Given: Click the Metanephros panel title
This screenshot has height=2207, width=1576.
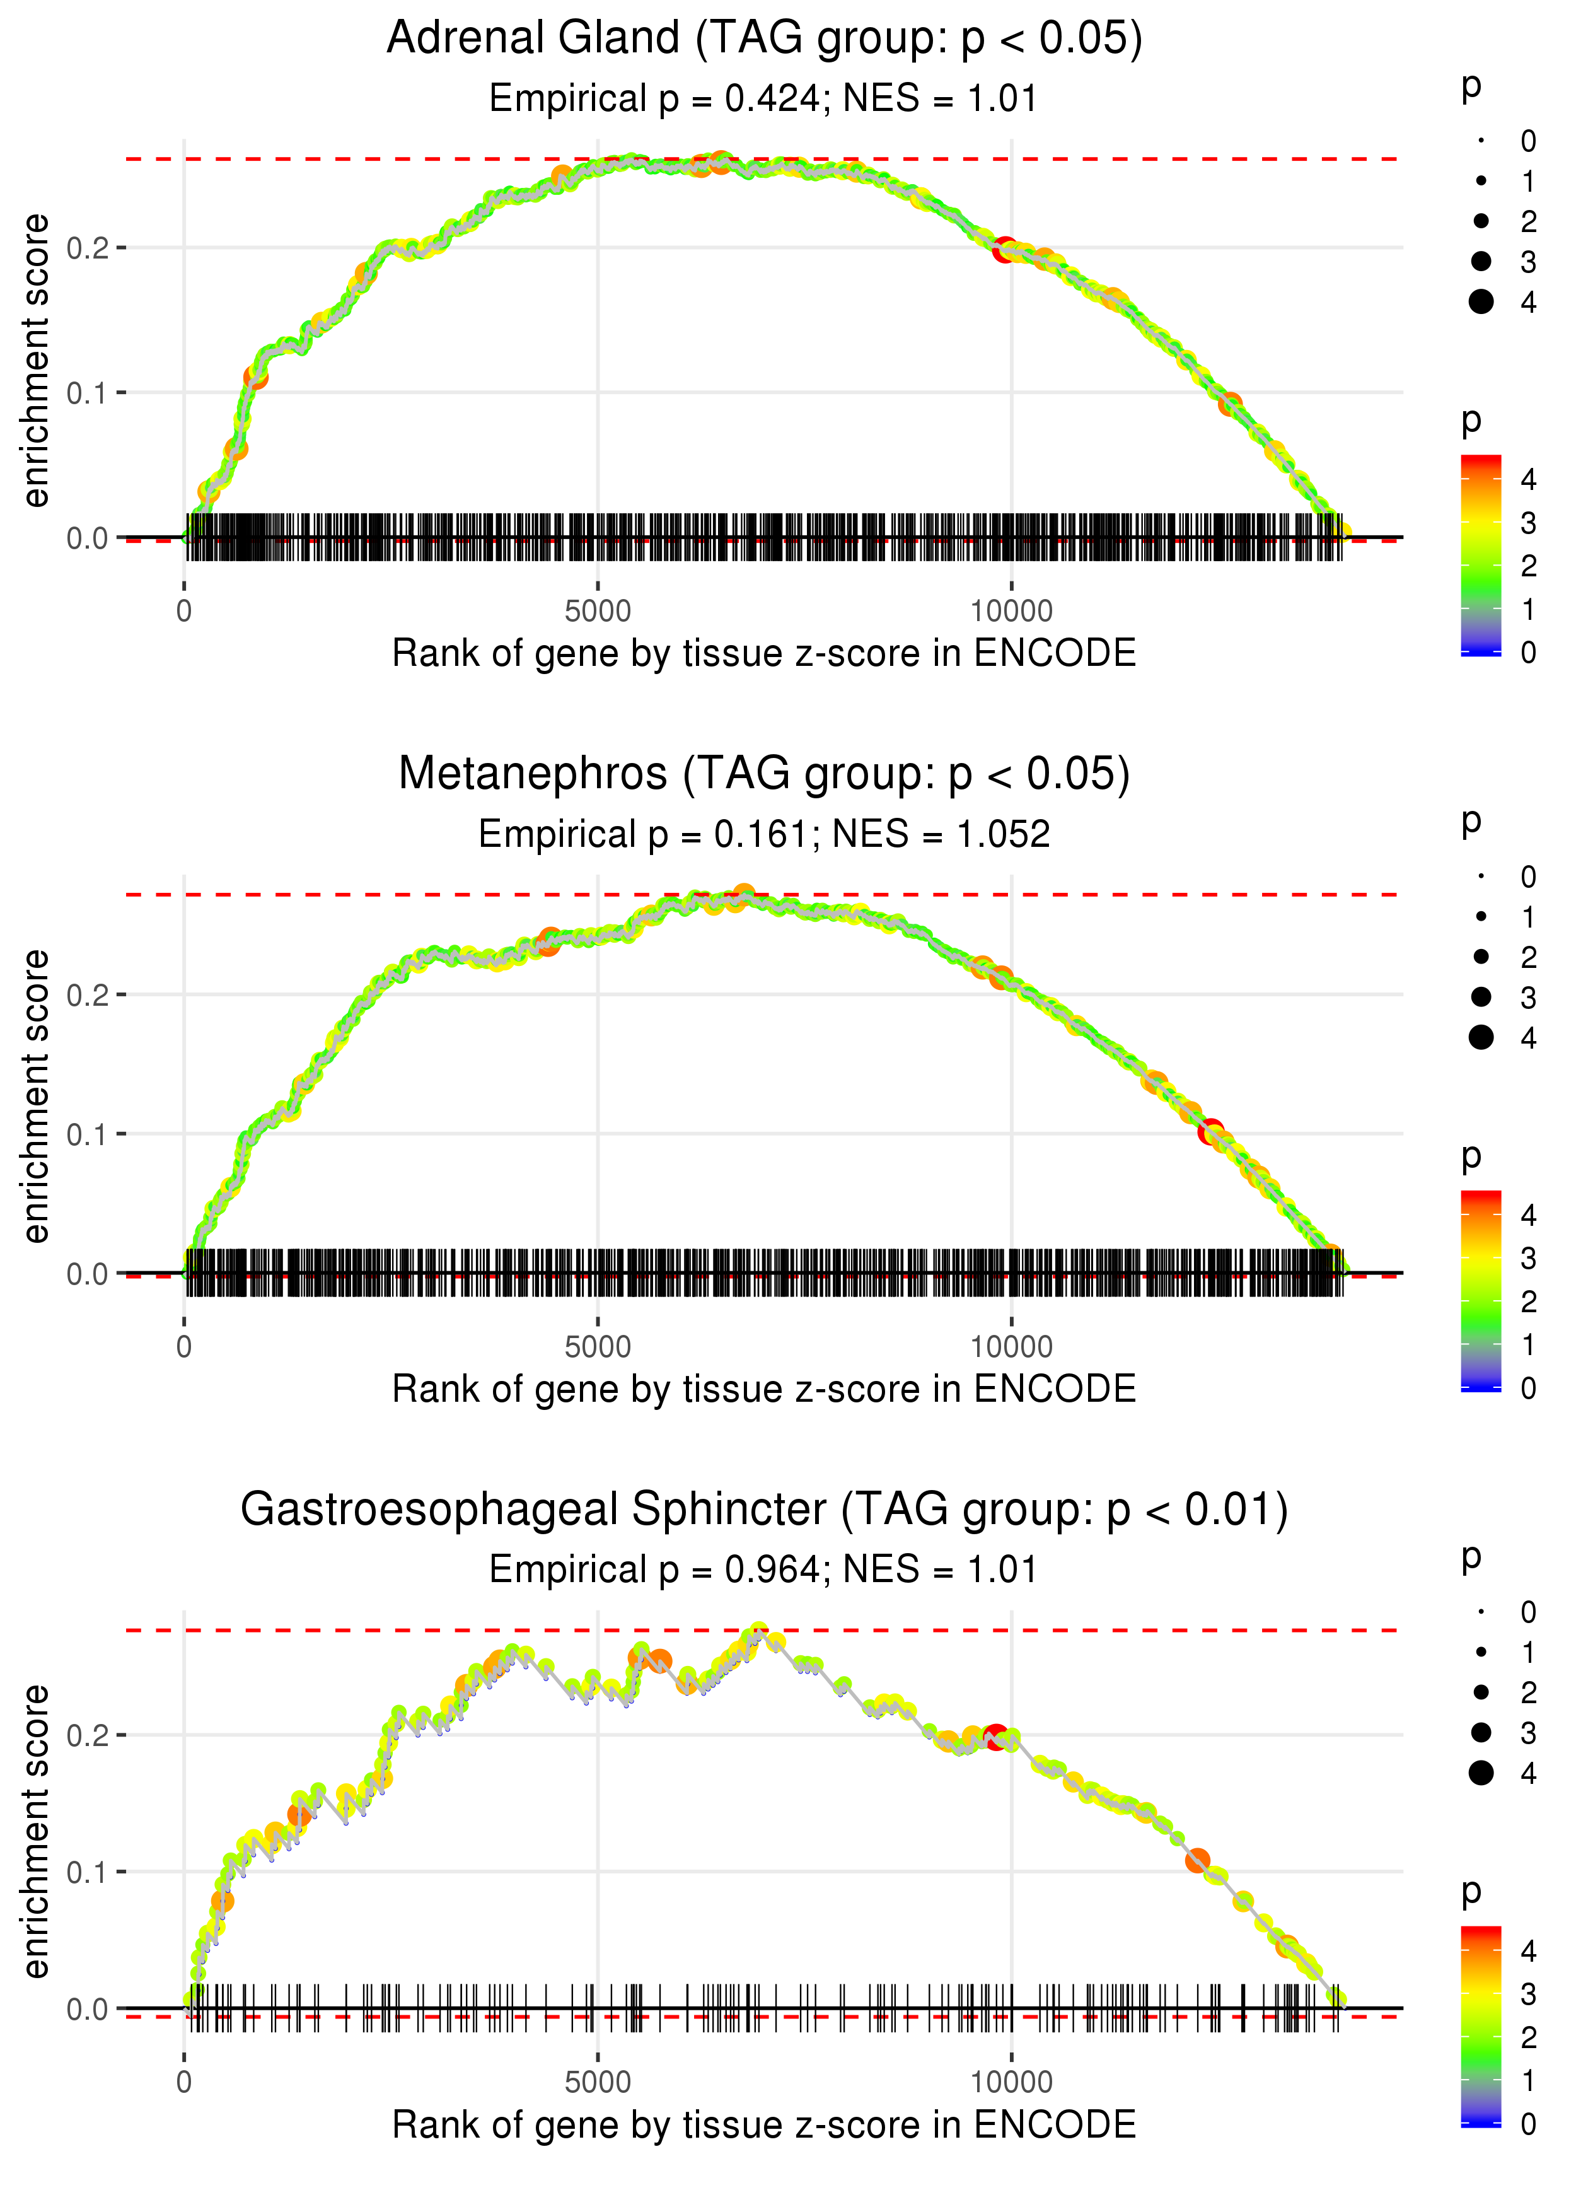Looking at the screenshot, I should point(764,774).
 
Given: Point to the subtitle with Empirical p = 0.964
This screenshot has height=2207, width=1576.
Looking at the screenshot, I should point(764,1569).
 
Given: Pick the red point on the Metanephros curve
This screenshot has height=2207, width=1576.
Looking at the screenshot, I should point(1210,1132).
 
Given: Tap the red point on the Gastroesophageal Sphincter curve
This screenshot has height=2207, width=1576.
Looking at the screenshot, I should point(995,1737).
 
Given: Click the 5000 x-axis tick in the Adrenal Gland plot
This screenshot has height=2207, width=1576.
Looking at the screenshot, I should point(598,612).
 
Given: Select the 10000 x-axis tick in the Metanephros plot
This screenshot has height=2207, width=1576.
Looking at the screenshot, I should point(1011,1347).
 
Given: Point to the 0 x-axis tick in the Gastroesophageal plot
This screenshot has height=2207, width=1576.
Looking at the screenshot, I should point(184,2083).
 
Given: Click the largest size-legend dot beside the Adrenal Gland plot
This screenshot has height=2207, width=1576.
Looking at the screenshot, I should point(1481,302).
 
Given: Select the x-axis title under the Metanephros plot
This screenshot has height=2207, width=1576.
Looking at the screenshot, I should point(764,1389).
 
